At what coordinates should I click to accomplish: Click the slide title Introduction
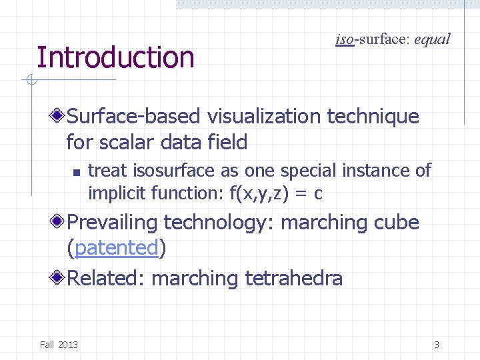115,57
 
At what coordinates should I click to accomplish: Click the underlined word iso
344,39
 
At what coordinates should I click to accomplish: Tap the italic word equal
432,39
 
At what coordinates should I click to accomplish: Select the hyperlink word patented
117,248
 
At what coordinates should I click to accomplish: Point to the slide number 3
437,345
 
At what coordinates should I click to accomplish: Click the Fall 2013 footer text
59,345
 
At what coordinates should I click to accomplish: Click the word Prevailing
113,222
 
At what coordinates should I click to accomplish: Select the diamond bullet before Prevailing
59,222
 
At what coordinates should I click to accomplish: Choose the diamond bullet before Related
59,277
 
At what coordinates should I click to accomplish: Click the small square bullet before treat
76,172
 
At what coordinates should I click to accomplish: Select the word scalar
122,142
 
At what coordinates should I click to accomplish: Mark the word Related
105,277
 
